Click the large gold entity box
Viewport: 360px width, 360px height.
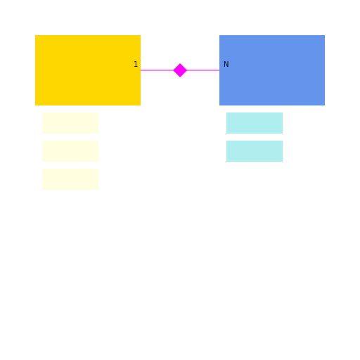click(x=88, y=70)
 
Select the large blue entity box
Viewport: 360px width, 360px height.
click(x=272, y=70)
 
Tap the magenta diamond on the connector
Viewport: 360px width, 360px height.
click(x=180, y=70)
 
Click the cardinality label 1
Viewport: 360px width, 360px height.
click(x=136, y=64)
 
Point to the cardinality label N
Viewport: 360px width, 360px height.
click(x=226, y=64)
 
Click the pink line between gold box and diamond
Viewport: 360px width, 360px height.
click(x=157, y=70)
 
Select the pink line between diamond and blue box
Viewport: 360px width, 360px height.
click(x=203, y=70)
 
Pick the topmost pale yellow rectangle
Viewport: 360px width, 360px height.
click(x=70, y=123)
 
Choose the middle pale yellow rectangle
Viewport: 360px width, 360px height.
click(x=70, y=151)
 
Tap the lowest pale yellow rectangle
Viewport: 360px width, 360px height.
click(x=70, y=179)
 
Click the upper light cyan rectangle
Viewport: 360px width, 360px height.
click(x=255, y=123)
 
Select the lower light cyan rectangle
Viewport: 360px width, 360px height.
click(x=255, y=151)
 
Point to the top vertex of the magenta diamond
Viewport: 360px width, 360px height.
click(x=180, y=63)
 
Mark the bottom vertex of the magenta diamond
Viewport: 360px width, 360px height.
click(x=180, y=77)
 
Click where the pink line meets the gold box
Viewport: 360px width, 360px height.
click(x=141, y=70)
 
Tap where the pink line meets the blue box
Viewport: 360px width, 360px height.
click(x=219, y=70)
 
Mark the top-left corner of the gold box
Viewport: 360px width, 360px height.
click(x=35, y=35)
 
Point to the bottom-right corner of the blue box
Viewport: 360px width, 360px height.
click(x=325, y=105)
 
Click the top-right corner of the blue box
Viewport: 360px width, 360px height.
click(x=325, y=35)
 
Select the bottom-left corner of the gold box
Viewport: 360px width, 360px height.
click(x=35, y=105)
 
